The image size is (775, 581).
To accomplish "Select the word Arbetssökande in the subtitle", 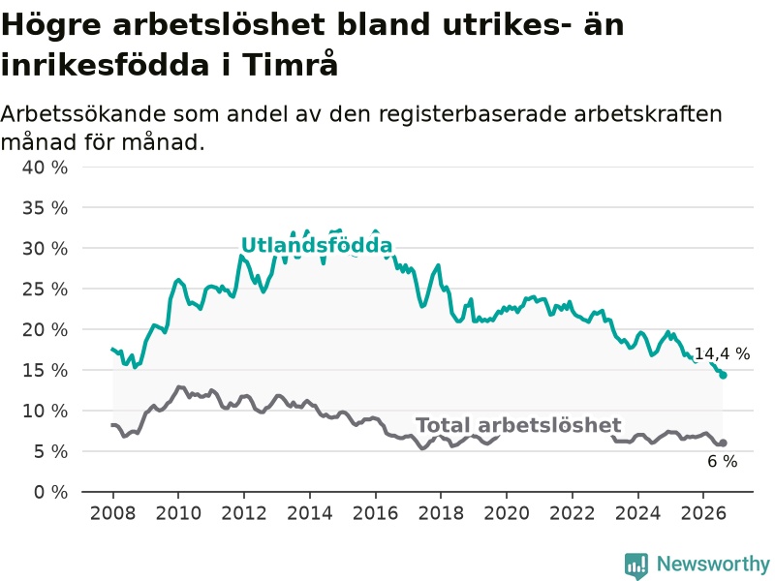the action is (83, 114).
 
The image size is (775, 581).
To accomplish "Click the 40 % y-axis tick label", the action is (45, 167).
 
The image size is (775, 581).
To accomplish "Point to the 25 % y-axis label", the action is (45, 289).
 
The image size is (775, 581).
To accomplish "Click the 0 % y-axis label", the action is (50, 492).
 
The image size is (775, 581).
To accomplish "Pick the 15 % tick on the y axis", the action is (45, 370).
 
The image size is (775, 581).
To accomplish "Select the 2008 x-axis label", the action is (112, 513).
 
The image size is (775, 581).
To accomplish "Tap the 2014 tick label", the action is (310, 513).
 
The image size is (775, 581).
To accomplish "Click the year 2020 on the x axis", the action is (507, 513).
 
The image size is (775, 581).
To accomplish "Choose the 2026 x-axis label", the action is (703, 513).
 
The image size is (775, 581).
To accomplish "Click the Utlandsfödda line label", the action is (317, 246).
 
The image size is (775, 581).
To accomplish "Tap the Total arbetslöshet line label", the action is (518, 425).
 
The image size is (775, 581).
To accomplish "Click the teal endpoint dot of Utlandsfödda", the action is (723, 375).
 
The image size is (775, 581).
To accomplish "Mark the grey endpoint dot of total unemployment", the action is (723, 443).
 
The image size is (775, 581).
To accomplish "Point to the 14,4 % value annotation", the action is (722, 353).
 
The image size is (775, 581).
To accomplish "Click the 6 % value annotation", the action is (722, 462).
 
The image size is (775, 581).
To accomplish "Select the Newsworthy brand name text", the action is (713, 564).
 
